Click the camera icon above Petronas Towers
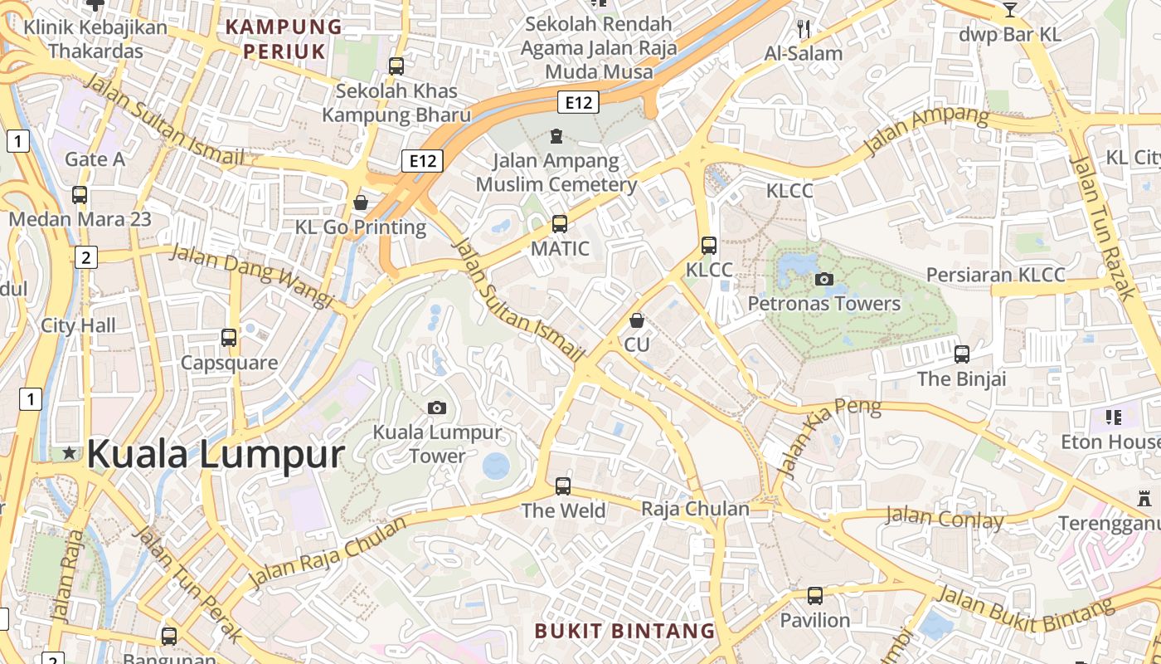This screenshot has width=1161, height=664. (824, 279)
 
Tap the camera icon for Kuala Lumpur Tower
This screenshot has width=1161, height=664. (437, 408)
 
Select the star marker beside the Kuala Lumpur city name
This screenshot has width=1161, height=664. (70, 453)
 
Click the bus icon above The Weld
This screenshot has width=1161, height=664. (563, 486)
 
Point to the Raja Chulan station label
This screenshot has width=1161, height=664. (695, 509)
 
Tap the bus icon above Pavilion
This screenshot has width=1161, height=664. (815, 595)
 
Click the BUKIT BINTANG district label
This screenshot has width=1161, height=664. (624, 631)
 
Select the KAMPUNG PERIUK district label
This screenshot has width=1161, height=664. (284, 39)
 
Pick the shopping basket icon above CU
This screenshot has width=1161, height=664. (637, 320)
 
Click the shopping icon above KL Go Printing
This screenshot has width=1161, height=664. (361, 203)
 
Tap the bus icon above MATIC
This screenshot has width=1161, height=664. (560, 223)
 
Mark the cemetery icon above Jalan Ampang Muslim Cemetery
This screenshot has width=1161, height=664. (556, 135)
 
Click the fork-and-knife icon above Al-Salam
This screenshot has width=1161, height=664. (803, 29)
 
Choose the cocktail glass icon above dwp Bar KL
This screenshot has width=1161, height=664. (1009, 10)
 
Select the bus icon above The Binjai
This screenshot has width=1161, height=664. (962, 354)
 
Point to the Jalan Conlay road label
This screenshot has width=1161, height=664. (945, 519)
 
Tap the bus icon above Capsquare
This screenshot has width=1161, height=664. (229, 338)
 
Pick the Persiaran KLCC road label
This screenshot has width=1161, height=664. (995, 275)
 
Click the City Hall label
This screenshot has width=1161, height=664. (79, 325)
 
